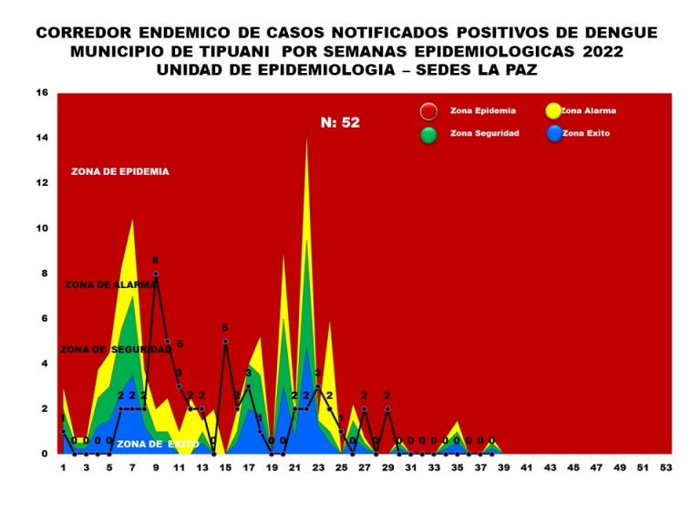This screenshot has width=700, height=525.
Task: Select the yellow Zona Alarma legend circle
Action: tap(551, 112)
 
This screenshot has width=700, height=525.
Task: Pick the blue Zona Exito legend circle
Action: tap(551, 135)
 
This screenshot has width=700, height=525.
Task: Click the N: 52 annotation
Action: tap(340, 122)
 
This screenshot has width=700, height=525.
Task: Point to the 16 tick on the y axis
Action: tap(42, 93)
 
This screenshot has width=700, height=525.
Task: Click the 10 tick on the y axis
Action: tap(42, 228)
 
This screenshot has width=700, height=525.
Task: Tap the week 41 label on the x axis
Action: tap(526, 468)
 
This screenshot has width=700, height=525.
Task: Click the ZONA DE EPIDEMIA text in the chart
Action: tap(119, 171)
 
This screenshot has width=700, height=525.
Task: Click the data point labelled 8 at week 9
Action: tap(156, 273)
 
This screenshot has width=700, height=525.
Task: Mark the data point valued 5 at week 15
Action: tap(225, 341)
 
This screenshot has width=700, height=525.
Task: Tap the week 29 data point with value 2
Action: tap(387, 408)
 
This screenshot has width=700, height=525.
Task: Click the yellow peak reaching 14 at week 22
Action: tap(306, 139)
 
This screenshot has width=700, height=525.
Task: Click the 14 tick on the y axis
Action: tap(42, 138)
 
